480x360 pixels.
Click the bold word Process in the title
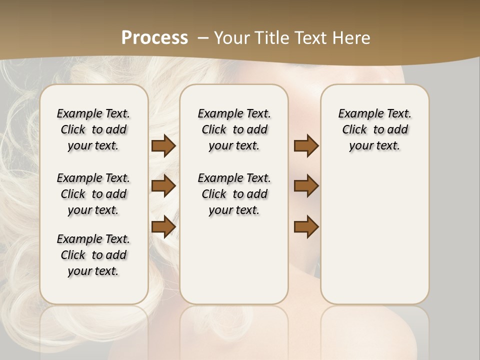[154, 38]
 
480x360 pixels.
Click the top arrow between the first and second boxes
[163, 146]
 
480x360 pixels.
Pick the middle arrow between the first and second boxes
[163, 186]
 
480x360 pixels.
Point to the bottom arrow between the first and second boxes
[163, 226]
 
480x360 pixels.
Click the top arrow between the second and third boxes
[306, 146]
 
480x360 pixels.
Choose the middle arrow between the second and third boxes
[306, 186]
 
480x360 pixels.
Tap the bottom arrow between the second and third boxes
[306, 226]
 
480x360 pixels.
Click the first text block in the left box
[93, 129]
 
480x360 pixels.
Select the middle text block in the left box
[93, 194]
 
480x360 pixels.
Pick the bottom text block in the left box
[93, 255]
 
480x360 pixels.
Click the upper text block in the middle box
[234, 129]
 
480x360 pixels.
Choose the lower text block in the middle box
[234, 194]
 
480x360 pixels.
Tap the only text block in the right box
[374, 129]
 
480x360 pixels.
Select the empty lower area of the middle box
[234, 260]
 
